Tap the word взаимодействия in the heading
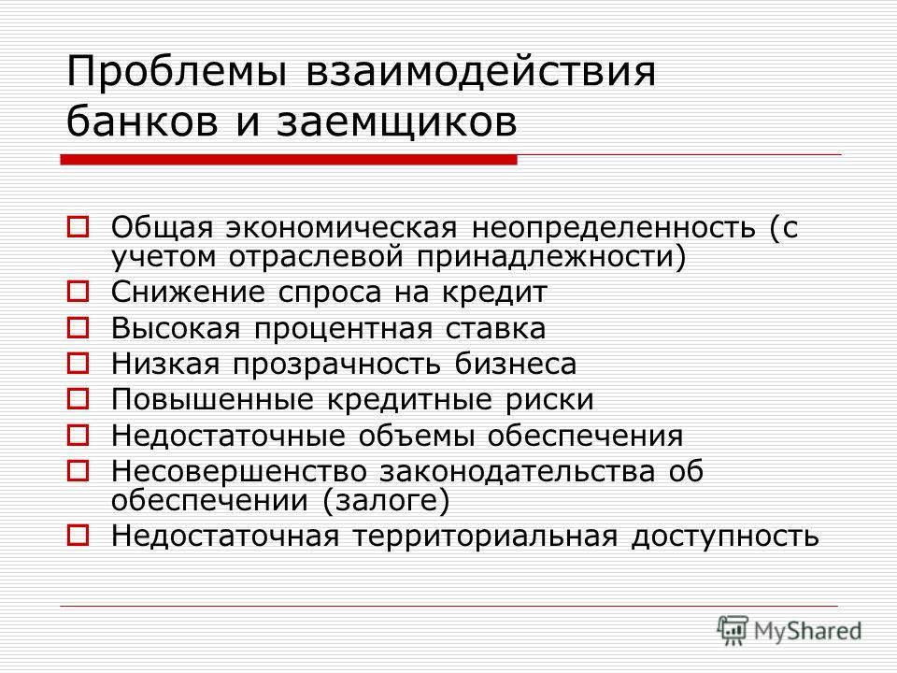tap(481, 72)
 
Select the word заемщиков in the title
tap(397, 122)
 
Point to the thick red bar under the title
tap(289, 160)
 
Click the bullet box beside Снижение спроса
tap(78, 292)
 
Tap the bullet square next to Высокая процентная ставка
tap(78, 328)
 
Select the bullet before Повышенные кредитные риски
tap(78, 398)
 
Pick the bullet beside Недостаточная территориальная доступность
tap(78, 536)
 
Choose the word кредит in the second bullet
tap(494, 293)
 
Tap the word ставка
tap(495, 329)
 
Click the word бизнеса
tap(516, 364)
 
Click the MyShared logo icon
tap(733, 631)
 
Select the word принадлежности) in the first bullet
tap(550, 257)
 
